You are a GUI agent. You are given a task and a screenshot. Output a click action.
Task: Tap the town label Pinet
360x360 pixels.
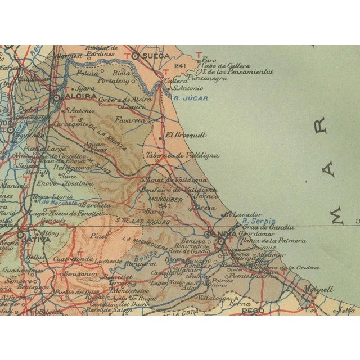coord(98,236)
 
